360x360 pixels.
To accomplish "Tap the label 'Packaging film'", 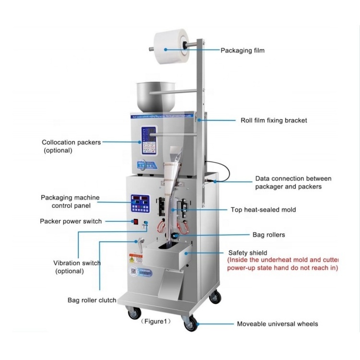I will click(242, 50).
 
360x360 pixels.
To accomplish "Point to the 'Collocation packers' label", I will click(71, 142).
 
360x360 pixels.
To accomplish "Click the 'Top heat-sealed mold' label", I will click(270, 210).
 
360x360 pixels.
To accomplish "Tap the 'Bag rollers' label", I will click(269, 235).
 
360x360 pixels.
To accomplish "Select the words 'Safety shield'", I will click(248, 252).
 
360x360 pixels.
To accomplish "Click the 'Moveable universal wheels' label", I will click(277, 324).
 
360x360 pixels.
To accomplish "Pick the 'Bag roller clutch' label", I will click(92, 300).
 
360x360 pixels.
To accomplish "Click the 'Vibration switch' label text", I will click(77, 263).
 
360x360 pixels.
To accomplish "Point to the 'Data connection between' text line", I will click(293, 179).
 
